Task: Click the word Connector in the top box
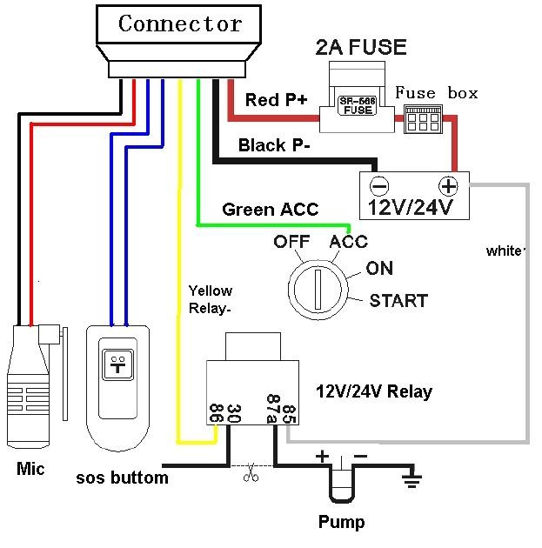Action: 180,23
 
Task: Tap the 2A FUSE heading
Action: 361,47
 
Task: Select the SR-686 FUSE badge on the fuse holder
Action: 358,105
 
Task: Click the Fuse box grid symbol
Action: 423,119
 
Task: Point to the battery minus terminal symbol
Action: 379,185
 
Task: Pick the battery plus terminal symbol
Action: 448,185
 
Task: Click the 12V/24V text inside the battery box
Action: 411,207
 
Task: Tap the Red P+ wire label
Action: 276,100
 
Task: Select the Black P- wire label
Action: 274,145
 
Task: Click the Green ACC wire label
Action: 270,210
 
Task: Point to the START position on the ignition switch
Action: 398,301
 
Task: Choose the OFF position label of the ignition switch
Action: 291,242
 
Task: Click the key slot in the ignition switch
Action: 318,290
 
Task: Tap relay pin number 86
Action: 216,413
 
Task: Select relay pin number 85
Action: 289,414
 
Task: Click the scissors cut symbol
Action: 251,472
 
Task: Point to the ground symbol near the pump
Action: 412,478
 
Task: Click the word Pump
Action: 341,522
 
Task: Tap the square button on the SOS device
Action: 117,364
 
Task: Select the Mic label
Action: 30,468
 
